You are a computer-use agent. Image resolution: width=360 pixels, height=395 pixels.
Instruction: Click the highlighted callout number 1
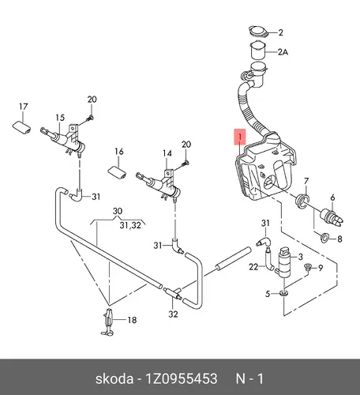pos(240,137)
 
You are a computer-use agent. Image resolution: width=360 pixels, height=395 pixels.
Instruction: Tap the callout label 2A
pos(283,52)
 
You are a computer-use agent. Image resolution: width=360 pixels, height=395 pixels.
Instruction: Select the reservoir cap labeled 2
pos(258,32)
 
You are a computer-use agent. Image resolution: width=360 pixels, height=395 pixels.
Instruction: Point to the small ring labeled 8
pos(324,238)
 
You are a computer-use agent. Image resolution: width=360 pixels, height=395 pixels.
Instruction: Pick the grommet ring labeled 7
pos(302,201)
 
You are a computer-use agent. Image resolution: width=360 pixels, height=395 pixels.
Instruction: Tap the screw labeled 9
pos(307,267)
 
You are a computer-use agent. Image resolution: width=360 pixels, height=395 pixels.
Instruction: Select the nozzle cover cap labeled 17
pos(22,127)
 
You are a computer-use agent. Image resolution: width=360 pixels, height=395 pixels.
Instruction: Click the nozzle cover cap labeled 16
pos(117,173)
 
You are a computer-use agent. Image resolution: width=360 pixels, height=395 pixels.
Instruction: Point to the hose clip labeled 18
pos(108,322)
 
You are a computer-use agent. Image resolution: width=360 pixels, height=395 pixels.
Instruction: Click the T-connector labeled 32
pos(173,293)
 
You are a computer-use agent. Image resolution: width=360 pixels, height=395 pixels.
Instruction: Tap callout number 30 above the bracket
pos(118,211)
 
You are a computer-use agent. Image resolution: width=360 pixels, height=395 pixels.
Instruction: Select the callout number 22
pos(253,267)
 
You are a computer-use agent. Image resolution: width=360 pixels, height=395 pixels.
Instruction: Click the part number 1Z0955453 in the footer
pos(182,379)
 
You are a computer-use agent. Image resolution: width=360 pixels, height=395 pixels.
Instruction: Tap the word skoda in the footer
pos(114,379)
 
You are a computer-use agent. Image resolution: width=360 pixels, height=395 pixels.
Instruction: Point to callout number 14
pos(167,153)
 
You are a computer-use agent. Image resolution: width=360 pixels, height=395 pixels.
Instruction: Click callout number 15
pos(60,118)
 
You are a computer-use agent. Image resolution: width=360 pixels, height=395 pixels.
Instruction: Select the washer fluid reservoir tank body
pos(266,168)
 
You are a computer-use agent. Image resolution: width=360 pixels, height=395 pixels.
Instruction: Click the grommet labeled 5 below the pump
pos(283,293)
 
